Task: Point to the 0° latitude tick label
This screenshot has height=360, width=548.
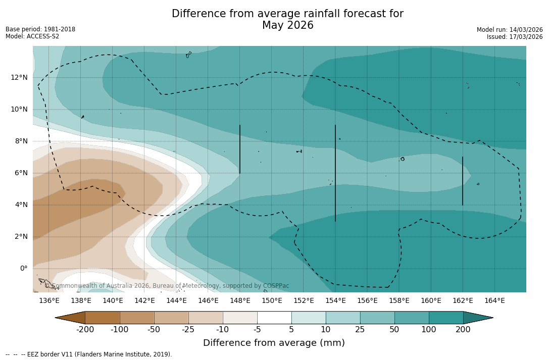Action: [23, 269]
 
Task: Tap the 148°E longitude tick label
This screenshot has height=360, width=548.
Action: [240, 301]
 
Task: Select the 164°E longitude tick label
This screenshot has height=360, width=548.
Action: [494, 301]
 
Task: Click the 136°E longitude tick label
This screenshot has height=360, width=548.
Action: [49, 301]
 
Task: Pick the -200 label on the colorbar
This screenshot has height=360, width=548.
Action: [85, 330]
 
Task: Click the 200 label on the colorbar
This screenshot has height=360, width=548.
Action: [463, 330]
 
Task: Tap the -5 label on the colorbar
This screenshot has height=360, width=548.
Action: [257, 330]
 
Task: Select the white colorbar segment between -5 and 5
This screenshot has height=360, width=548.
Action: [274, 318]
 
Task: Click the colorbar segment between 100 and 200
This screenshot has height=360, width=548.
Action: [446, 318]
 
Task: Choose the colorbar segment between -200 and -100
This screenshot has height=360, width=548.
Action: [103, 318]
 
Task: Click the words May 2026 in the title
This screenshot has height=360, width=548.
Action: [287, 25]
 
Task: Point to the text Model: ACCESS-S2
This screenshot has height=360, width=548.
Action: [32, 36]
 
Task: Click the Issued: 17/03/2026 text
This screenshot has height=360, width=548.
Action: [515, 37]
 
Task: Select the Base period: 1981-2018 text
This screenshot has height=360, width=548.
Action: [40, 29]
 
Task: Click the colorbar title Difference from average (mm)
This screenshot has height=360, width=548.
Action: [274, 343]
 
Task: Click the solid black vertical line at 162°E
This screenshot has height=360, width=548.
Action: [462, 181]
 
